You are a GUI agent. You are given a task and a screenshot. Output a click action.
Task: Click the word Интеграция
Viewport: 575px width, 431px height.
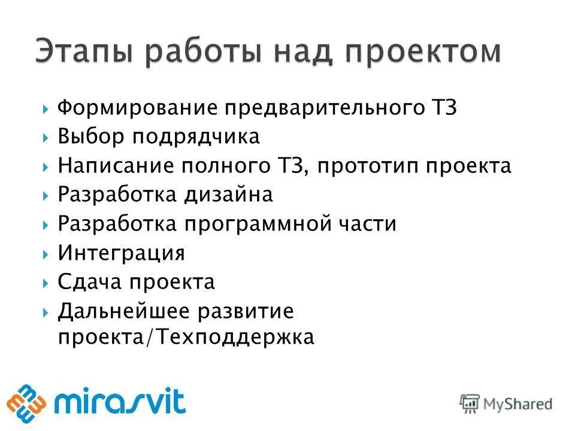tap(122, 253)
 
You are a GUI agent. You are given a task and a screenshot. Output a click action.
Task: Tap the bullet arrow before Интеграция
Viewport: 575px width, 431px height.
tap(46, 253)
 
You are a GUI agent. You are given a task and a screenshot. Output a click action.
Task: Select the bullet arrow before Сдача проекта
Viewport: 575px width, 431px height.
tap(46, 282)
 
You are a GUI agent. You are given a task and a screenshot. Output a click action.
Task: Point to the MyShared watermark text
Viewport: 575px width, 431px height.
tap(515, 403)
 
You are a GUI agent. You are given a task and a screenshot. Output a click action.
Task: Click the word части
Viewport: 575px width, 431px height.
tap(366, 224)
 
